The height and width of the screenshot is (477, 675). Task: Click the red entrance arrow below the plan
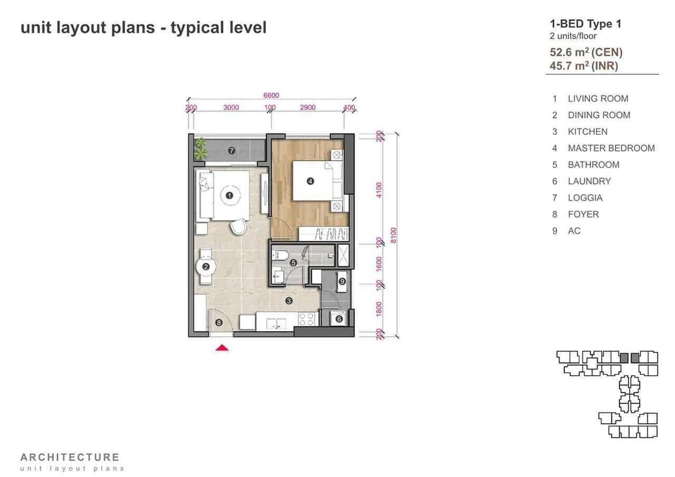(x=222, y=347)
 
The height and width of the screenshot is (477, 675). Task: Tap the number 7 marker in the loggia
(x=232, y=151)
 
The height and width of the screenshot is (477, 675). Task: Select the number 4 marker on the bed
(x=310, y=181)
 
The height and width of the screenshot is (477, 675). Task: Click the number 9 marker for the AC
(x=342, y=282)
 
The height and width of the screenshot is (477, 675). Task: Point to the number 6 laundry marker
(x=339, y=319)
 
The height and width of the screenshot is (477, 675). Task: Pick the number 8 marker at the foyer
(x=219, y=323)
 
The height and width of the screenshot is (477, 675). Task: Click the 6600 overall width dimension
(x=271, y=95)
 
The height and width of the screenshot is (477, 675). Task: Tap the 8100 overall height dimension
(x=393, y=235)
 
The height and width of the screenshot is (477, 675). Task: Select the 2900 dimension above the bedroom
(x=307, y=107)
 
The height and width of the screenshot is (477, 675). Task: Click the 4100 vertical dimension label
(x=379, y=190)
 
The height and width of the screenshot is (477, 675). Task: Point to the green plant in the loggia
(x=200, y=148)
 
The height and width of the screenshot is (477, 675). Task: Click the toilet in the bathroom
(x=280, y=255)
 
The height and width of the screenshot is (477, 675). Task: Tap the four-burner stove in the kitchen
(x=306, y=319)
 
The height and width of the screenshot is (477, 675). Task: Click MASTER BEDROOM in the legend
(x=611, y=148)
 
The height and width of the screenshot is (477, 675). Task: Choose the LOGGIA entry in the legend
(x=585, y=198)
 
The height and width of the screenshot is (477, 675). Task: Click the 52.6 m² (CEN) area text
(x=586, y=52)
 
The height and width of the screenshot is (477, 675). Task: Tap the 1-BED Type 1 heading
(x=585, y=24)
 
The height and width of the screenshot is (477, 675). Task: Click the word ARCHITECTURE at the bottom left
(x=70, y=458)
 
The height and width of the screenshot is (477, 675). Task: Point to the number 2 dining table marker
(x=206, y=267)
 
